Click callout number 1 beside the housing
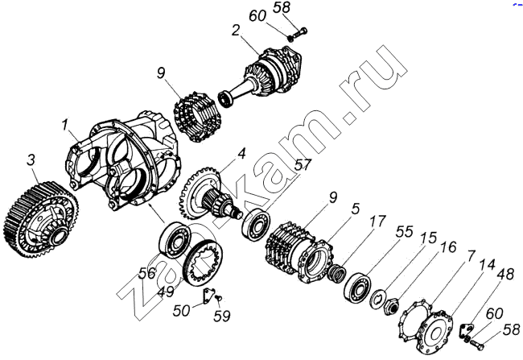64,126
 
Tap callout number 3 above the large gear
31,160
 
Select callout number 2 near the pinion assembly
236,31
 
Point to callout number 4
241,154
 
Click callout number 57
303,165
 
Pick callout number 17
377,221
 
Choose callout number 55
405,231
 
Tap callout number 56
147,273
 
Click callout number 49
166,292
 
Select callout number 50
182,311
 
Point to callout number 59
222,316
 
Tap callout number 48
506,274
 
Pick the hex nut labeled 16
390,305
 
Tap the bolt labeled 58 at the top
298,34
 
